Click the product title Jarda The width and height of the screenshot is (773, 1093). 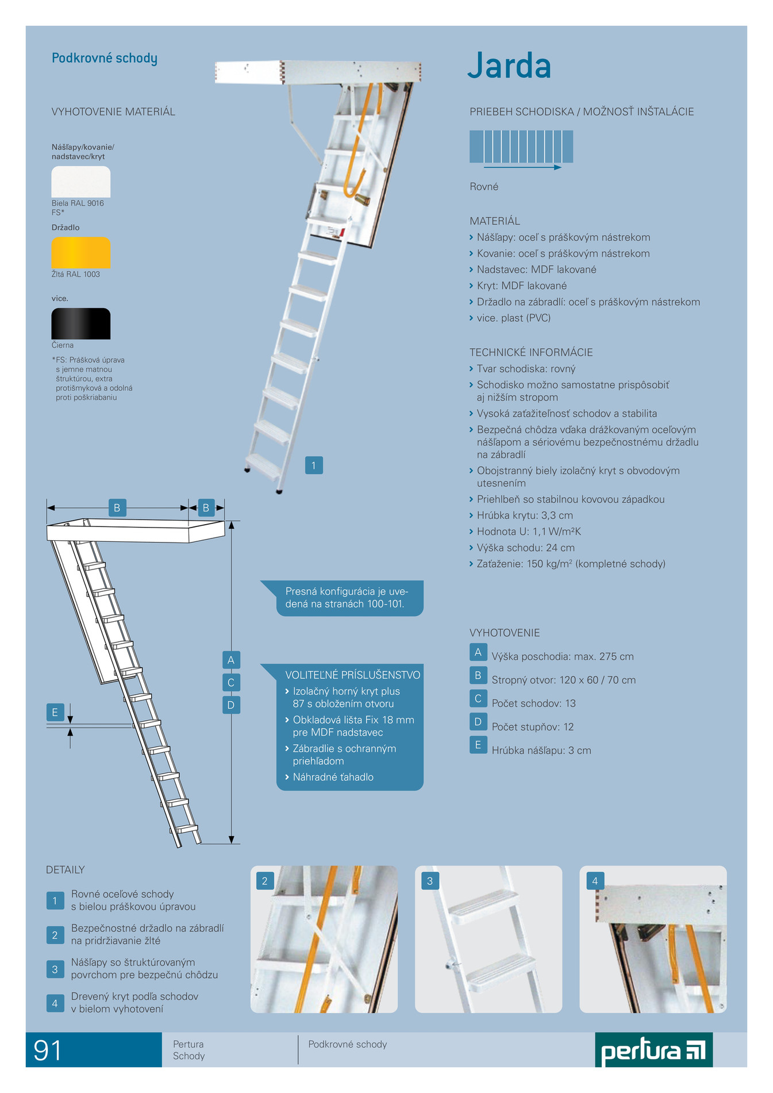coord(509,66)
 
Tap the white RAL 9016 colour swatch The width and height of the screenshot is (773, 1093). coord(81,182)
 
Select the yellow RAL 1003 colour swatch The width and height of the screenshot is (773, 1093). coord(81,253)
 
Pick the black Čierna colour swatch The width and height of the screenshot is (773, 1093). coord(81,324)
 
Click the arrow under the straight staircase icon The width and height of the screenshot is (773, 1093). coord(522,167)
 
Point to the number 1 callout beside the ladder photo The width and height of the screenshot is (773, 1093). coord(314,465)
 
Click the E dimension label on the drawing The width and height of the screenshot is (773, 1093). coord(55,713)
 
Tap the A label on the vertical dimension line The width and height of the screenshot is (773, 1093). coord(231,660)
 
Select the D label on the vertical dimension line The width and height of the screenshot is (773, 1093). coord(231,705)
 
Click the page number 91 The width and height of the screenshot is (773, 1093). coord(48,1050)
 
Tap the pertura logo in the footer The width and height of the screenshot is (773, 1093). coord(653,1050)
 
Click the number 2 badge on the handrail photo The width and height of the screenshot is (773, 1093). coord(265,881)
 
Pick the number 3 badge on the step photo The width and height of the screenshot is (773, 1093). coord(430,881)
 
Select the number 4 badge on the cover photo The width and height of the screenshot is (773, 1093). coord(595,881)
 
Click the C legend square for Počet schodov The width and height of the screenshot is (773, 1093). coord(478,699)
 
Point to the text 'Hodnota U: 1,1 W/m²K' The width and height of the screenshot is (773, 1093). coord(529,532)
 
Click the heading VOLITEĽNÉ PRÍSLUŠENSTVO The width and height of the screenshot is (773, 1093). coord(353,675)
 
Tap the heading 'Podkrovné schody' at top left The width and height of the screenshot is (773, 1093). coord(105,59)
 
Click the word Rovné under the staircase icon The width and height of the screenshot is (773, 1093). coord(484,187)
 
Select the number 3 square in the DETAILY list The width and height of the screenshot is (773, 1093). coord(55,969)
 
